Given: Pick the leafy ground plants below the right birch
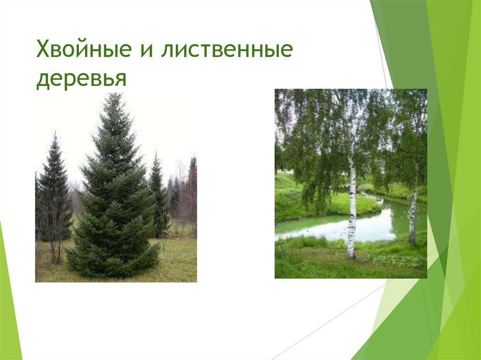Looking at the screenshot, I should click(x=399, y=260).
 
